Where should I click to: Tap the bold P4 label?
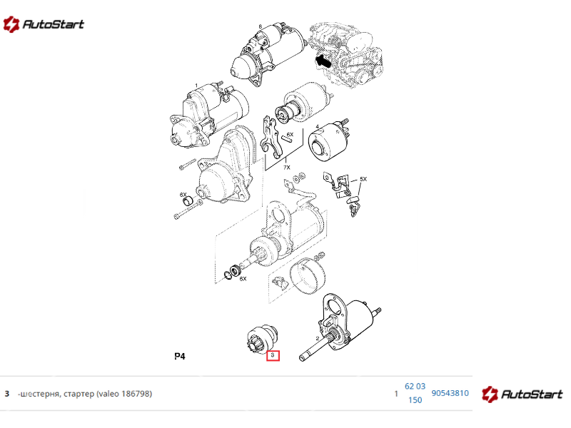pyautogui.click(x=180, y=356)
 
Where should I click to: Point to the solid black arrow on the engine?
pyautogui.click(x=323, y=61)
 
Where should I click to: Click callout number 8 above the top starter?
pyautogui.click(x=260, y=26)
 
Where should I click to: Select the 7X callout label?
pyautogui.click(x=287, y=168)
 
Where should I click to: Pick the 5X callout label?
pyautogui.click(x=363, y=179)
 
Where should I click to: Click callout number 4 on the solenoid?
pyautogui.click(x=317, y=127)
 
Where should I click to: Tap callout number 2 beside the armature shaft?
pyautogui.click(x=318, y=338)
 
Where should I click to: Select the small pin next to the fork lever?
pyautogui.click(x=286, y=139)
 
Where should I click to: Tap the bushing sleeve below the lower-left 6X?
pyautogui.click(x=188, y=201)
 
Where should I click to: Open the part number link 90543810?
pyautogui.click(x=450, y=393)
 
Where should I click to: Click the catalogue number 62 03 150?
pyautogui.click(x=415, y=393)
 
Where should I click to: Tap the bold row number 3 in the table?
pyautogui.click(x=7, y=394)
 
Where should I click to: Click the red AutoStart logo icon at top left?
pyautogui.click(x=11, y=24)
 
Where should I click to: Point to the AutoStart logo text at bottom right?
pyautogui.click(x=532, y=394)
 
